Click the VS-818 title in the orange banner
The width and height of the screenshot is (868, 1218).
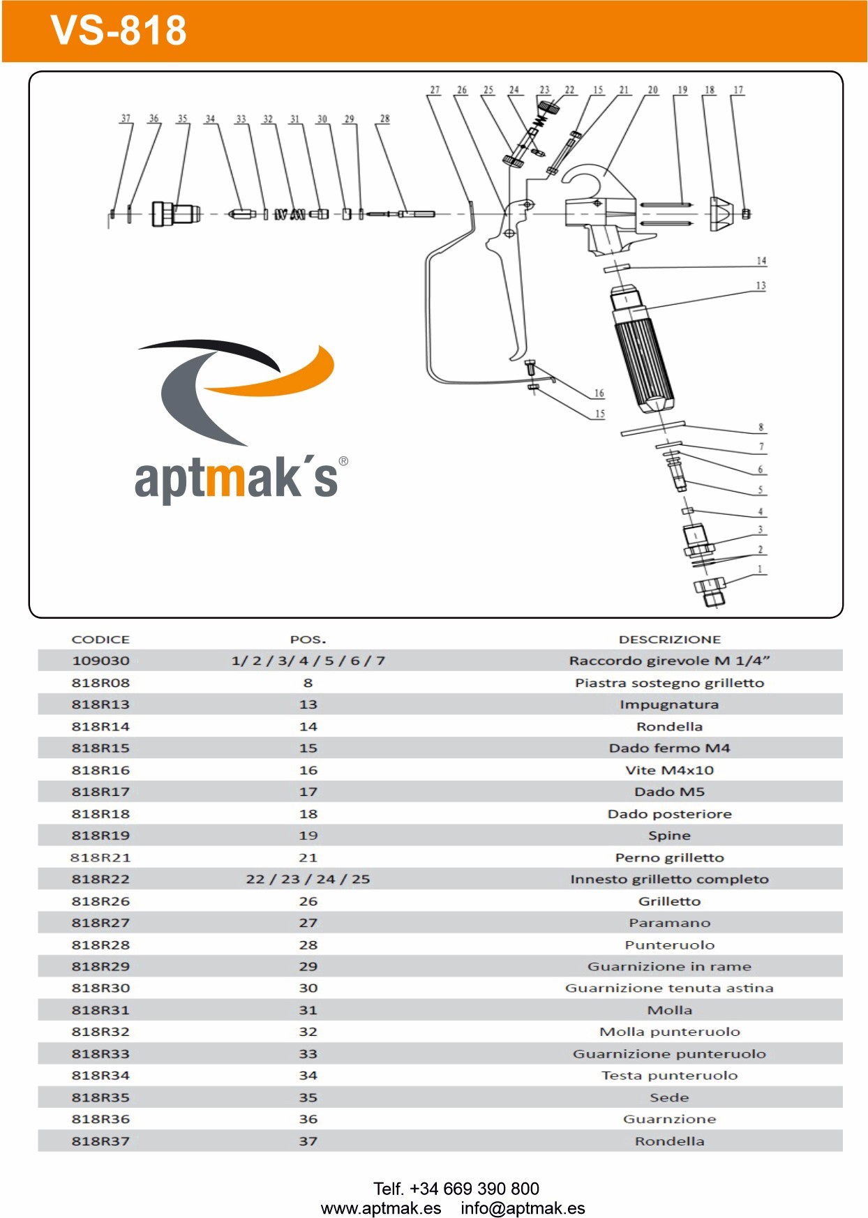[119, 31]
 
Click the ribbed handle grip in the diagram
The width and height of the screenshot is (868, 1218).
[643, 359]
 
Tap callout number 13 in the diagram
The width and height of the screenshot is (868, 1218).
[761, 285]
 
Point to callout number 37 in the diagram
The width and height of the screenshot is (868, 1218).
[126, 119]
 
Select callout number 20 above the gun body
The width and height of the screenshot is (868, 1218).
[652, 90]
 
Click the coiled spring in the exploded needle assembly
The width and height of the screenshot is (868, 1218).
[290, 214]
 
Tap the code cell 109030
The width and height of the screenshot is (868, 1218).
[100, 661]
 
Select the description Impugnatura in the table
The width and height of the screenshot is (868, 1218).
[669, 705]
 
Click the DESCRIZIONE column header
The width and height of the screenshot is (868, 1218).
[669, 639]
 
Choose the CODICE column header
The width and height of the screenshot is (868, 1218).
[100, 639]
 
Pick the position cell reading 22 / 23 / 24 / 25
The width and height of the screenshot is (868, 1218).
[308, 879]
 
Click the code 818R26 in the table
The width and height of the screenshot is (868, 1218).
[100, 901]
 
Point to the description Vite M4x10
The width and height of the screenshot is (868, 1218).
[669, 770]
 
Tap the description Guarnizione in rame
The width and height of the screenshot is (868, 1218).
[669, 966]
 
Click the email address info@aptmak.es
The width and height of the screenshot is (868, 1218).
[523, 1208]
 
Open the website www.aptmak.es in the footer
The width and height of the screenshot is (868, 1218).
[381, 1208]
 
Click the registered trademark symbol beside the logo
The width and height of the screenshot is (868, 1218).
[343, 461]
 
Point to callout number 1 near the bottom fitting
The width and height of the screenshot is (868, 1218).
[761, 569]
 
